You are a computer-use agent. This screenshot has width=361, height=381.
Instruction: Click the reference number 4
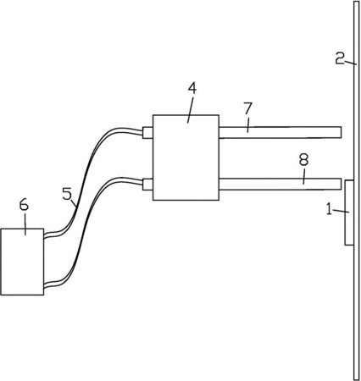pyautogui.click(x=192, y=89)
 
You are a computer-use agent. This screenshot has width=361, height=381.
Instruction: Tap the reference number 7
pyautogui.click(x=247, y=108)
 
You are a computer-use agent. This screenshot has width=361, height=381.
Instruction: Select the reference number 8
pyautogui.click(x=303, y=160)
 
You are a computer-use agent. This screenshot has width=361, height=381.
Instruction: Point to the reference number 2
pyautogui.click(x=340, y=58)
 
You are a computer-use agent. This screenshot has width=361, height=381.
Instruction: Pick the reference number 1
pyautogui.click(x=330, y=209)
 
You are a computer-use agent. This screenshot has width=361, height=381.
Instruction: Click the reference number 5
pyautogui.click(x=67, y=194)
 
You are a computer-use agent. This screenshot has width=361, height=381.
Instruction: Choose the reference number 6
pyautogui.click(x=24, y=205)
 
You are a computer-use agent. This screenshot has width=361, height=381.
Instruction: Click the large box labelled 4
pyautogui.click(x=186, y=157)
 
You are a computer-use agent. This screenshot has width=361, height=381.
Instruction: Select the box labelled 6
pyautogui.click(x=22, y=262)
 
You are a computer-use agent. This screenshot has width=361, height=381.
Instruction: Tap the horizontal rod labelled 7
pyautogui.click(x=280, y=132)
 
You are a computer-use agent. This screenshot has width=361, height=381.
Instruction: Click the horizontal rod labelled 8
pyautogui.click(x=280, y=184)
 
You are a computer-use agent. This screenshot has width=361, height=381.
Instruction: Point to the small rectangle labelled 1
pyautogui.click(x=349, y=213)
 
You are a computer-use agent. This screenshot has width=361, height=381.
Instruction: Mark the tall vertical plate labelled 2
pyautogui.click(x=356, y=190)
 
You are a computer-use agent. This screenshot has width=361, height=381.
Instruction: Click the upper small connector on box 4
pyautogui.click(x=147, y=132)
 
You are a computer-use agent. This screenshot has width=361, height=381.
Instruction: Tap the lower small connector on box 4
pyautogui.click(x=147, y=184)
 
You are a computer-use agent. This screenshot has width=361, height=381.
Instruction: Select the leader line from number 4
pyautogui.click(x=190, y=109)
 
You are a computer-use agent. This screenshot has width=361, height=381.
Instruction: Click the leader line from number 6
pyautogui.click(x=25, y=224)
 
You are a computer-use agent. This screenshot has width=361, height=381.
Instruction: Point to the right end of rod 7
pyautogui.click(x=342, y=132)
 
